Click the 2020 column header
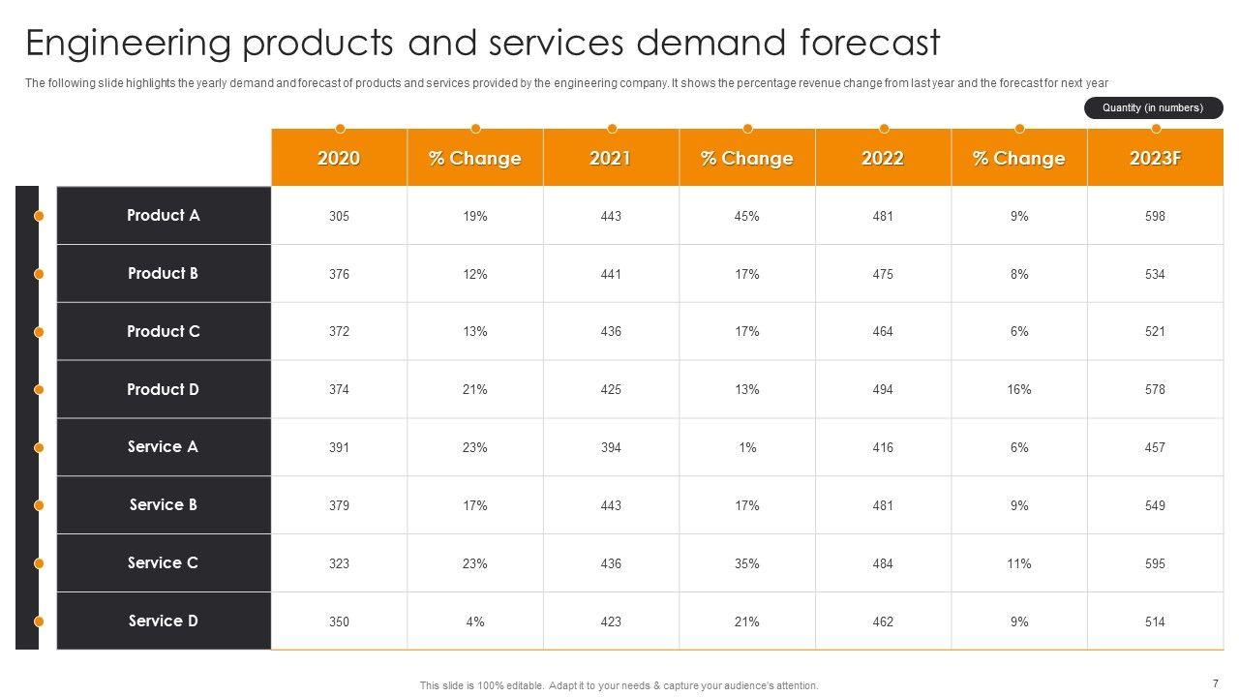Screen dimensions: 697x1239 (x=339, y=158)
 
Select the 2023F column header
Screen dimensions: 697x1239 (x=1155, y=158)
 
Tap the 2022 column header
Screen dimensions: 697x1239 (x=883, y=158)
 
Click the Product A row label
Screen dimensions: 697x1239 (x=164, y=215)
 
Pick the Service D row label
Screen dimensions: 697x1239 (x=164, y=621)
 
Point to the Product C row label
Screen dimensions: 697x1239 (x=164, y=331)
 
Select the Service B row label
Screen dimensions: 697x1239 (x=164, y=504)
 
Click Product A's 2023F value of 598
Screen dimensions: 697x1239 (x=1155, y=216)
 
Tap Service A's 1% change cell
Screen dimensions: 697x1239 (x=747, y=447)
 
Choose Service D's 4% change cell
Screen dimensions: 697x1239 (x=475, y=621)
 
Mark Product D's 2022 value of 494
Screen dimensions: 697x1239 (x=883, y=389)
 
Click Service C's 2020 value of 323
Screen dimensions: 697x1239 (x=339, y=563)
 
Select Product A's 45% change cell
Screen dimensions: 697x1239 (x=747, y=216)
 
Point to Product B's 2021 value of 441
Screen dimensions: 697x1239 (x=611, y=274)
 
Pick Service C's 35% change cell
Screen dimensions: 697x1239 (x=747, y=563)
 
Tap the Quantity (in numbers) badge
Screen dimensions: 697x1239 (x=1153, y=107)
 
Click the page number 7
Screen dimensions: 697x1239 (x=1215, y=682)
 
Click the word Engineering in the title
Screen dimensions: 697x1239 (x=128, y=44)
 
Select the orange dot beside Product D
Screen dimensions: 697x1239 (x=39, y=389)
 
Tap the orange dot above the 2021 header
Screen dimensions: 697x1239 (x=612, y=128)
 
